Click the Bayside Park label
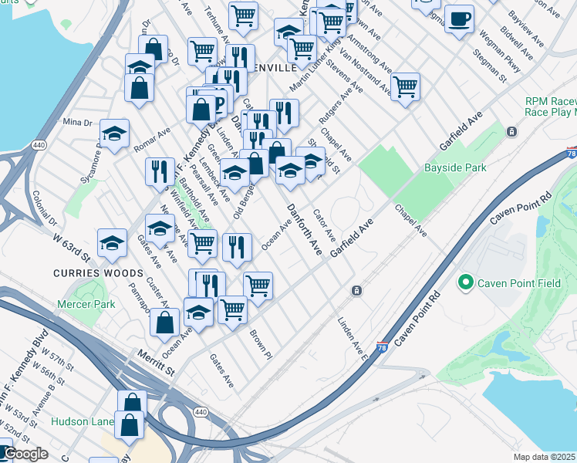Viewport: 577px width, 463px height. [454, 167]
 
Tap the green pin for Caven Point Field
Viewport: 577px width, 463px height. [465, 283]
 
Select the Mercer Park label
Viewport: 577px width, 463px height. [86, 304]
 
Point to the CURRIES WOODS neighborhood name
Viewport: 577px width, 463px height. [98, 273]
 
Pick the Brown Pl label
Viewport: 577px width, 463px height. [261, 344]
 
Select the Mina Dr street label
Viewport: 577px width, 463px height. [77, 122]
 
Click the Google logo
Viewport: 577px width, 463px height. [25, 454]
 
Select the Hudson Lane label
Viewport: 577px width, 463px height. [82, 421]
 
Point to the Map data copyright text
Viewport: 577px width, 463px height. [545, 458]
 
